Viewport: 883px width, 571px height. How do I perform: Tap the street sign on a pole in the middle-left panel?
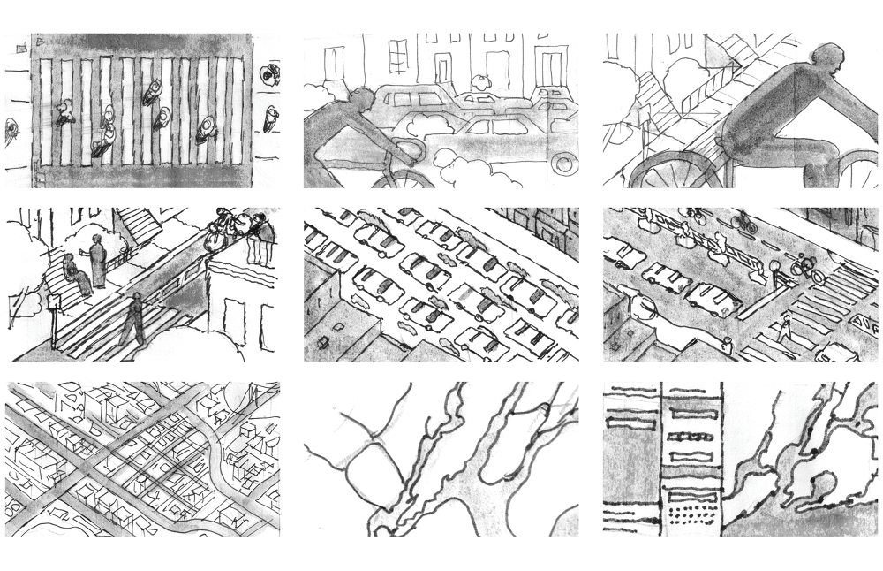52,304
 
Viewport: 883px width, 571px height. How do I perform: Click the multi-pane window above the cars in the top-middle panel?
397,55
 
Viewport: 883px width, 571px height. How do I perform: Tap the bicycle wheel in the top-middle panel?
397,177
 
